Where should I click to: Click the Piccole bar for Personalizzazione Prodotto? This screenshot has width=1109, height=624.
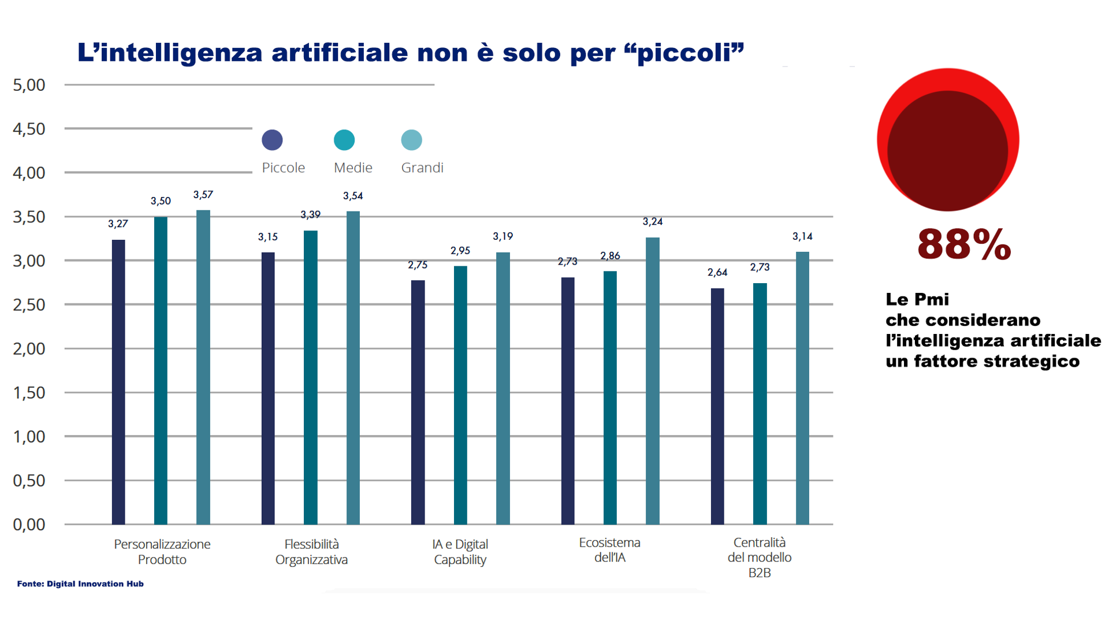[118, 381]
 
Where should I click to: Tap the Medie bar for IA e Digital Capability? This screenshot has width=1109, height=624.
[460, 395]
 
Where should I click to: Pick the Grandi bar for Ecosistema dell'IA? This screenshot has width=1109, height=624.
[653, 381]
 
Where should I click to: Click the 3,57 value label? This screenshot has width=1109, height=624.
[203, 195]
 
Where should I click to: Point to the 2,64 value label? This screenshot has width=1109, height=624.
[717, 272]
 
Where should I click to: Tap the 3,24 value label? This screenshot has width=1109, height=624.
[653, 222]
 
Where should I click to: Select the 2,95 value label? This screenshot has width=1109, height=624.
[460, 251]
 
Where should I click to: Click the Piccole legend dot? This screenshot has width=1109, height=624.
[272, 140]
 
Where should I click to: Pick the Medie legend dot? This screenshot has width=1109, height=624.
[344, 140]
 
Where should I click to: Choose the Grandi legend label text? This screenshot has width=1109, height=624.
[422, 168]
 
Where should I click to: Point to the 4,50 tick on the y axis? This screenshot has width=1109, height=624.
[29, 129]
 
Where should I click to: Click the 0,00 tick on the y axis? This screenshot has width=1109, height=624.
[29, 525]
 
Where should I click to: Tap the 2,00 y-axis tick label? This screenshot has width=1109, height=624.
[29, 349]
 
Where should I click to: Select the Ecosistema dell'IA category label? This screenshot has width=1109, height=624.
[610, 550]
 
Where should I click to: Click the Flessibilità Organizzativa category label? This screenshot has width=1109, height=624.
[311, 552]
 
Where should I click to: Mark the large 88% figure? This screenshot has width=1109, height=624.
[964, 244]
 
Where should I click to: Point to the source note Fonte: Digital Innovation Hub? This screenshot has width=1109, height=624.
[80, 584]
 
